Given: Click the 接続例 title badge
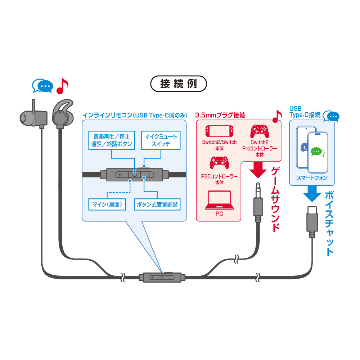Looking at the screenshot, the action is tap(179, 84).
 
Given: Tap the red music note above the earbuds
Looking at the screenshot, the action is tap(62, 86).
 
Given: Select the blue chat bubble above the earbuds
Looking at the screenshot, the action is tap(43, 86).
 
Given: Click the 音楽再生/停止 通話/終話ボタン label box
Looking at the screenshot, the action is tap(112, 140).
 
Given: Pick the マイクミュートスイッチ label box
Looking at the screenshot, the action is tap(161, 140).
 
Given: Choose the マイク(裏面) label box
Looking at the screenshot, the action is tap(107, 204).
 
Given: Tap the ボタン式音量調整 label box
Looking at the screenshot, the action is tap(157, 204).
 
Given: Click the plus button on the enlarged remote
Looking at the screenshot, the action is tap(120, 175).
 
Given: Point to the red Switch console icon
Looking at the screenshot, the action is tap(219, 131).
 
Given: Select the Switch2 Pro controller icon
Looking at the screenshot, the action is tap(260, 131).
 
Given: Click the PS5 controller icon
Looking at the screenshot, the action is tap(219, 163).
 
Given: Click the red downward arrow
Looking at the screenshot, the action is tap(258, 170).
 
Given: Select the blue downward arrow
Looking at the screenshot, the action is tap(312, 194).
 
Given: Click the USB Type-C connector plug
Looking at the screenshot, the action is tap(312, 221).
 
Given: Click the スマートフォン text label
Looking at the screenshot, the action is tap(312, 178).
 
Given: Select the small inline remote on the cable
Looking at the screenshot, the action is tap(162, 277).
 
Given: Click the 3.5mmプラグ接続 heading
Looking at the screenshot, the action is tap(220, 115).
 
